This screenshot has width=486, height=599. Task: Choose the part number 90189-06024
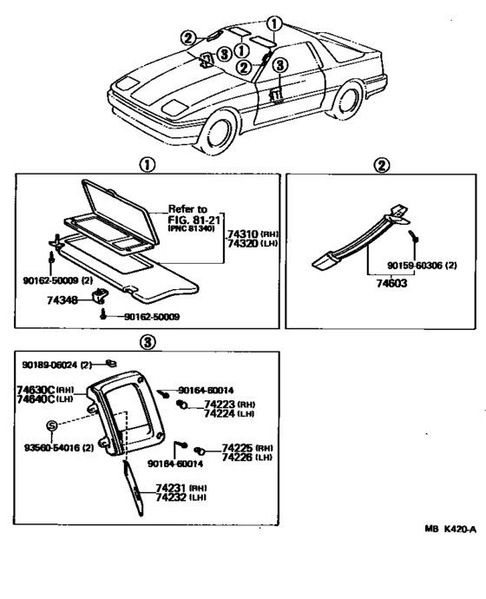point(51,364)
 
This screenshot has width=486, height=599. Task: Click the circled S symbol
point(51,425)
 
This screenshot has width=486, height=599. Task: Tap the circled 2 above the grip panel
point(382,165)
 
